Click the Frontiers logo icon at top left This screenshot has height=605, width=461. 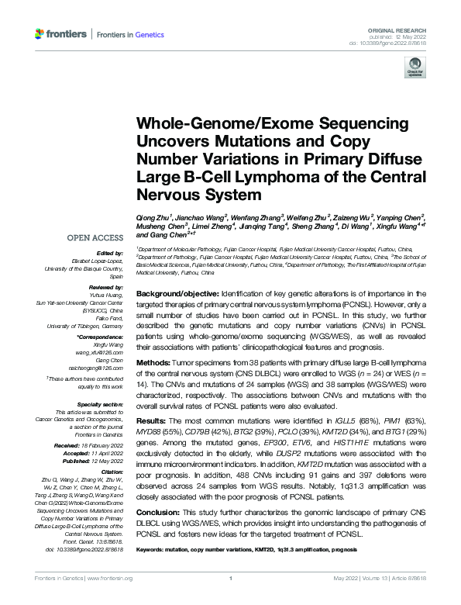40,34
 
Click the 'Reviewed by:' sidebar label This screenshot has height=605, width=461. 103,286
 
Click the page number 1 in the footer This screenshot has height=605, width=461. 230,599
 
